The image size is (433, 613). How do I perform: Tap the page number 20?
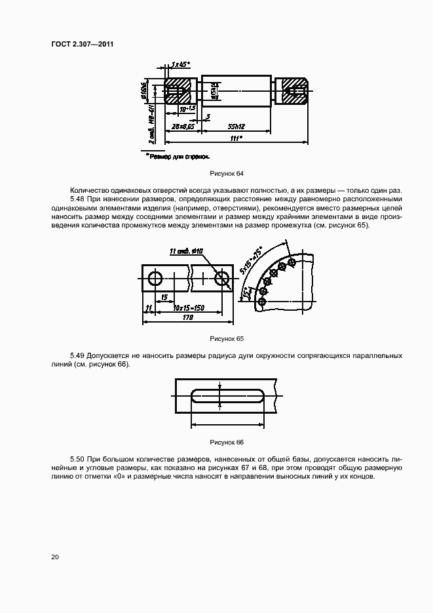(x=55, y=557)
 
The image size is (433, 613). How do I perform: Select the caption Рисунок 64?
(x=226, y=174)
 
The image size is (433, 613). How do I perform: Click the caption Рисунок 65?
(x=226, y=339)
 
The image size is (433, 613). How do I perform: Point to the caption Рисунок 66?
(x=226, y=443)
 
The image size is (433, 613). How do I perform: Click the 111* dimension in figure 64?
(x=236, y=138)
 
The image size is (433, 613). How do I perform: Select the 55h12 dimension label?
(x=236, y=126)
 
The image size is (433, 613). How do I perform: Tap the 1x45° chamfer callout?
(x=179, y=64)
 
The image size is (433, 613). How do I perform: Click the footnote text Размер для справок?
(x=178, y=157)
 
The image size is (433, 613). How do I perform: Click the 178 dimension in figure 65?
(x=188, y=318)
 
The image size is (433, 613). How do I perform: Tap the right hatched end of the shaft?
(x=292, y=92)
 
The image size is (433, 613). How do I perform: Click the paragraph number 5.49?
(x=77, y=356)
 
